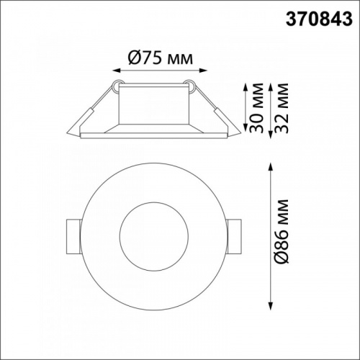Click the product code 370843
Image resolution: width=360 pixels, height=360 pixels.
coord(319,19)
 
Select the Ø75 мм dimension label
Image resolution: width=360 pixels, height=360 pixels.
coord(161,58)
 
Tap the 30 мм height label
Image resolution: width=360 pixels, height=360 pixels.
coord(256,108)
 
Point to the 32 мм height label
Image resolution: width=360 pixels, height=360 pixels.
coord(281,108)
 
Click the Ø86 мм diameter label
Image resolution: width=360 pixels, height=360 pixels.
coord(281,231)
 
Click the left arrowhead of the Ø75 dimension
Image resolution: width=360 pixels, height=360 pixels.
coord(117,71)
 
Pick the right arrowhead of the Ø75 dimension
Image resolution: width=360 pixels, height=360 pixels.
coord(203,71)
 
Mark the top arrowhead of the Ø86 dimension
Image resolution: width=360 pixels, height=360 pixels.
coord(271,167)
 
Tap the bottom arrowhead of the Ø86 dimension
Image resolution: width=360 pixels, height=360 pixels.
coord(271,306)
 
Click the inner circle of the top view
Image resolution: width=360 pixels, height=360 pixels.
coord(154,202)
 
